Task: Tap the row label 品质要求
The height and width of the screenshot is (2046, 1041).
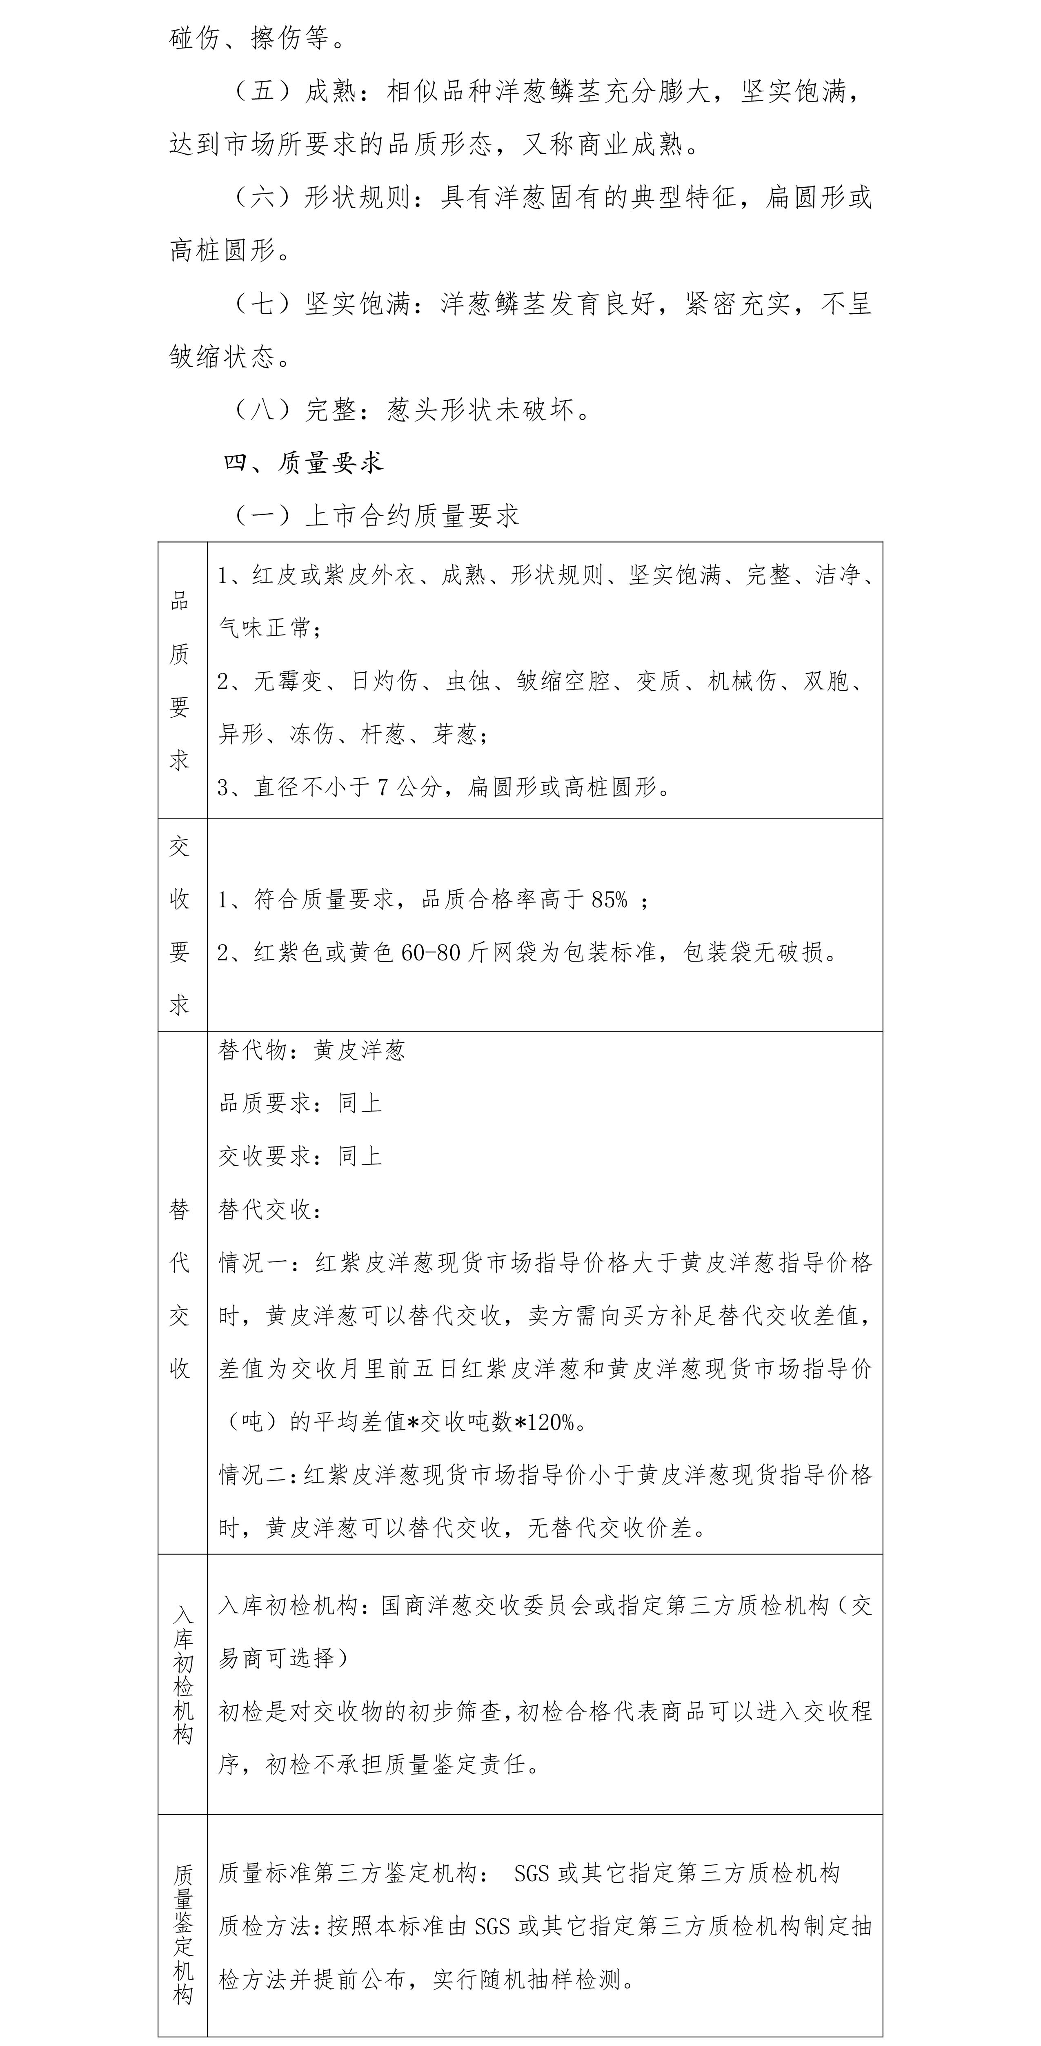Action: tap(180, 681)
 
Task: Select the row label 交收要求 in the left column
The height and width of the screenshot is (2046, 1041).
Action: tap(180, 925)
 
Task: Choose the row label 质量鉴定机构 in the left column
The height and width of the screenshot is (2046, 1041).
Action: tap(183, 1934)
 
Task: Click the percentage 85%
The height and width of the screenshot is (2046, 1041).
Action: tap(609, 900)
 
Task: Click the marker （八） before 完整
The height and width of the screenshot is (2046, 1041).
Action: tap(262, 410)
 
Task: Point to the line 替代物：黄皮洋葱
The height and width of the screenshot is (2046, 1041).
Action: tap(311, 1051)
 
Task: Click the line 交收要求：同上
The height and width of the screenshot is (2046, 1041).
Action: tap(300, 1157)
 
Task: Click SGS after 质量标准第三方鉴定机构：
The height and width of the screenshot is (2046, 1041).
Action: tap(532, 1874)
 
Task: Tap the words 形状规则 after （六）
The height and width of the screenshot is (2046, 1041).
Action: tap(358, 198)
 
